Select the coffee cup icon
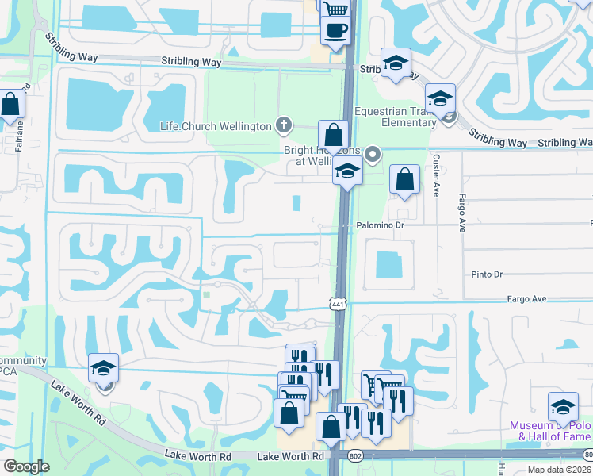point(335,30)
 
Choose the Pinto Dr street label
point(487,274)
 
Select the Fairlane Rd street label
point(21,104)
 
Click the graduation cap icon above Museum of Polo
point(564,407)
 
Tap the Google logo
point(26,466)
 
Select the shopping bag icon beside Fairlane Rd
point(11,105)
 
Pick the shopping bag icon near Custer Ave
point(404,179)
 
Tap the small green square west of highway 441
point(206,295)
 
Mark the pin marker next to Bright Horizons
point(373,155)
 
